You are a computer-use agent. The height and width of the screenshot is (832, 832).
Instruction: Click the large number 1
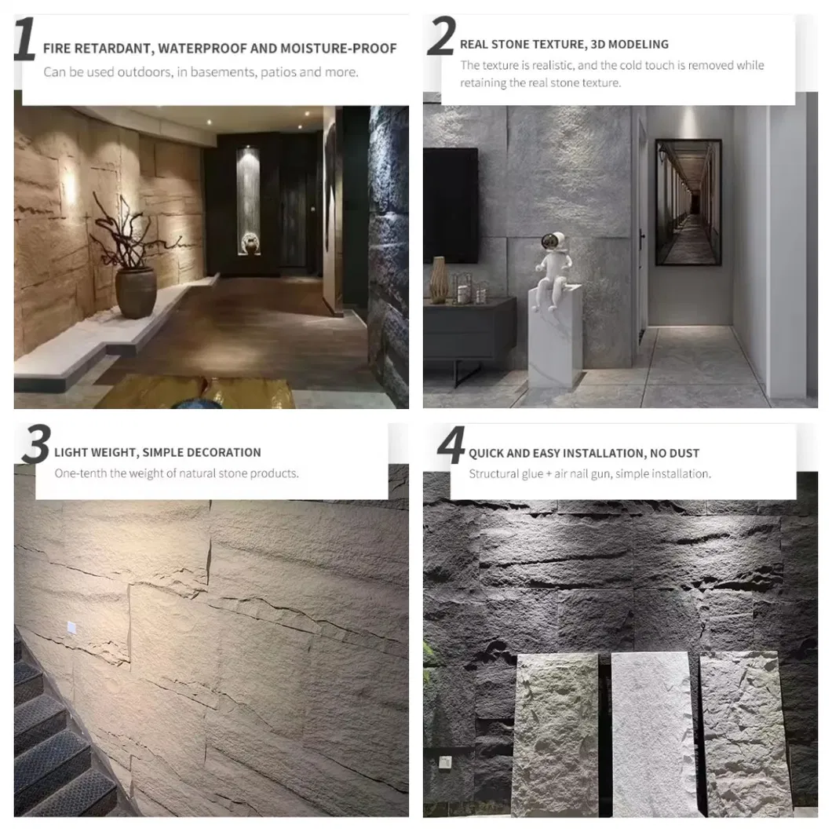pyautogui.click(x=25, y=40)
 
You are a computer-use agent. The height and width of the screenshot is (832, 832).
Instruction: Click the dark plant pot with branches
pyautogui.click(x=135, y=291)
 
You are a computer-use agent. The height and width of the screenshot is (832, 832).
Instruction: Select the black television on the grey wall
pyautogui.click(x=451, y=205)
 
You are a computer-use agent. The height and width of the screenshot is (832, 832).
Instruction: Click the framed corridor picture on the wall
pyautogui.click(x=688, y=202)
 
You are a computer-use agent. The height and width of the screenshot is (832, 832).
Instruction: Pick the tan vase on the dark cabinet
pyautogui.click(x=439, y=280)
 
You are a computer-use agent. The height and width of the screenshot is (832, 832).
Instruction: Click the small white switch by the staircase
pyautogui.click(x=71, y=626)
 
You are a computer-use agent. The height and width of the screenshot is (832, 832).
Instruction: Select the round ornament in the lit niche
pyautogui.click(x=250, y=243)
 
